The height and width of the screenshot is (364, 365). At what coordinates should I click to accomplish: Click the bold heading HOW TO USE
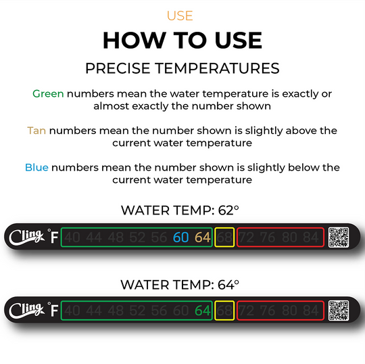pos(182,41)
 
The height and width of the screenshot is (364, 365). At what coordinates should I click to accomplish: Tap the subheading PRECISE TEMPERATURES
pos(182,68)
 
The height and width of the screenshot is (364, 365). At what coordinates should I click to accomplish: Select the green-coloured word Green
pos(48,93)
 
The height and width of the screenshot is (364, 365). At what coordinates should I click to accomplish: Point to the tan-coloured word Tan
pos(36,130)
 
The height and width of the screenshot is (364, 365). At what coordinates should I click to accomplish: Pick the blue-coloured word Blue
pos(36,167)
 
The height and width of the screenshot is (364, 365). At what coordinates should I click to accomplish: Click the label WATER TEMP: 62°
pos(182,210)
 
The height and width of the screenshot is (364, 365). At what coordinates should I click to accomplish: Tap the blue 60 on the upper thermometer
pos(181,237)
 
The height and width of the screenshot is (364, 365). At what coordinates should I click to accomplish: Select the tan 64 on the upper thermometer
pos(203,237)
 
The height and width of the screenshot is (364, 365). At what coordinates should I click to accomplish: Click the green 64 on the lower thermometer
pos(203,311)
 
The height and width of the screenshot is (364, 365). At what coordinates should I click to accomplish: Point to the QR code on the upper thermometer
pos(339,237)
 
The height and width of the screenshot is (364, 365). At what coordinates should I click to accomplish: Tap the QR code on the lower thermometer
pos(339,311)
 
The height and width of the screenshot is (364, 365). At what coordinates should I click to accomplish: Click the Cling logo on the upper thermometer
pos(26,237)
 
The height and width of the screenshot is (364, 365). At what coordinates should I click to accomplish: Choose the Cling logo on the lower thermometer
pos(26,311)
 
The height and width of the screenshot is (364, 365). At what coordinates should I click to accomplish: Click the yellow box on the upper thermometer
pos(224,237)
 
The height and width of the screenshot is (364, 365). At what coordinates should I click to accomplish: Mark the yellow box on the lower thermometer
pos(224,311)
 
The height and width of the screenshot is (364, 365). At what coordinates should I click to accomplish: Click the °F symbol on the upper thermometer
pos(52,237)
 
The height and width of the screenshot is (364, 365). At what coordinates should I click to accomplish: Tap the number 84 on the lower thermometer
pos(310,311)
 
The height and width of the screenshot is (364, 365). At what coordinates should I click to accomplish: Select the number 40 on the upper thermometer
pos(73,237)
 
